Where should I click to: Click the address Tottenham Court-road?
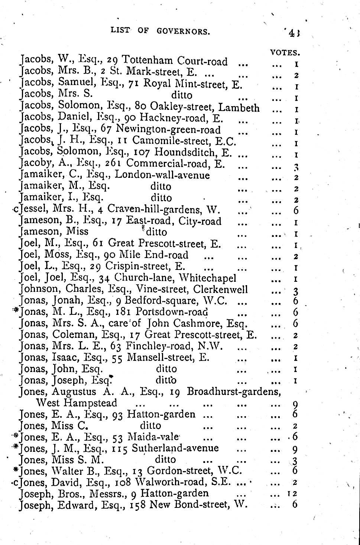175,60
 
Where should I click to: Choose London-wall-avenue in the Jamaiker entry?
162,175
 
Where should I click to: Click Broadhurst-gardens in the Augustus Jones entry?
234,392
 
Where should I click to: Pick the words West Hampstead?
76,403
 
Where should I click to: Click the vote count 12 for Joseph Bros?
293,493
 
